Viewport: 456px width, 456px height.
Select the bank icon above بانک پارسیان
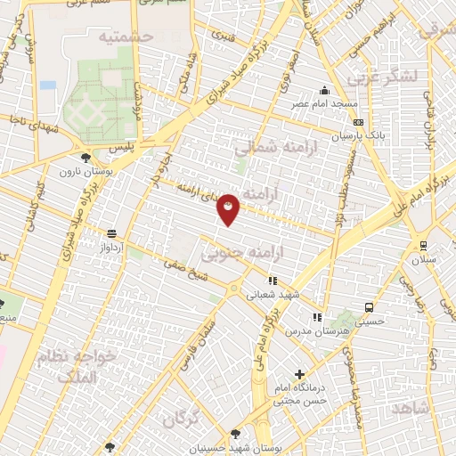[x=358, y=123]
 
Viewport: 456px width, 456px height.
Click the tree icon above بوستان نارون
[x=86, y=158]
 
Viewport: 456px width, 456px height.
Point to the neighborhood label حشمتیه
[x=126, y=36]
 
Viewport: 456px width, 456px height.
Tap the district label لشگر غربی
[x=384, y=77]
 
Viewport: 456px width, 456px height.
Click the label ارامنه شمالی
[x=274, y=146]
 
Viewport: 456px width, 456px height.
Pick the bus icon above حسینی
[x=369, y=308]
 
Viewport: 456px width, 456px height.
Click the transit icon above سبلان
[x=420, y=246]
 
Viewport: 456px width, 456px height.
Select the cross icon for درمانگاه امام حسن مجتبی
[x=299, y=375]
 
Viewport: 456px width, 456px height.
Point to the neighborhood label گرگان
[x=181, y=416]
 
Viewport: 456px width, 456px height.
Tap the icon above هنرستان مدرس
[x=317, y=317]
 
